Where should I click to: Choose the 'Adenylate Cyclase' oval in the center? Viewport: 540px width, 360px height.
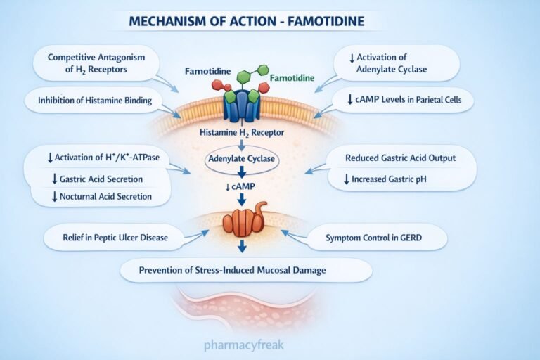click(x=241, y=159)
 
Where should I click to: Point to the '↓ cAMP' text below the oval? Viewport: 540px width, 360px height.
click(x=241, y=185)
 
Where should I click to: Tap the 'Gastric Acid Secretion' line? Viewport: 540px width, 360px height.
click(x=101, y=179)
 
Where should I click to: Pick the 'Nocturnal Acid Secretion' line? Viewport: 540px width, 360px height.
click(x=101, y=196)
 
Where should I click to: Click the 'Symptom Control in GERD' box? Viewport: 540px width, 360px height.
click(x=377, y=238)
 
